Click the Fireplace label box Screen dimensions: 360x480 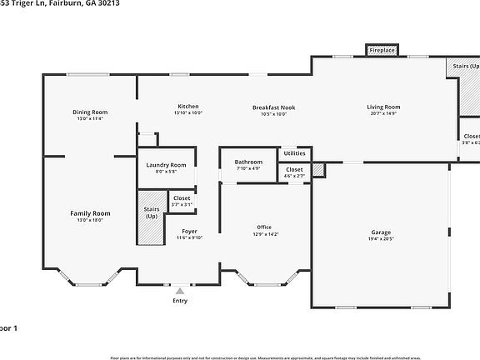pos(382,51)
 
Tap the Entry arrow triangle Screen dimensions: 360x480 pos(180,291)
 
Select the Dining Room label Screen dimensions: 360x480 pos(90,112)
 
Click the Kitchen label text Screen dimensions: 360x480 pos(188,106)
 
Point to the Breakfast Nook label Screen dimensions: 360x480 pos(274,107)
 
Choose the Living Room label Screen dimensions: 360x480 pos(384,107)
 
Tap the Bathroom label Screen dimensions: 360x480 pos(248,162)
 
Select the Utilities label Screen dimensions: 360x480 pos(294,153)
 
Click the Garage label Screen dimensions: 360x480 pos(382,232)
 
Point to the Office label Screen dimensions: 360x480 pos(264,227)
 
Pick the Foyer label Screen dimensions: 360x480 pos(188,231)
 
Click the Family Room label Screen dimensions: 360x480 pos(90,213)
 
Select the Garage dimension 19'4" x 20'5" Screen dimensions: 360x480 pos(382,239)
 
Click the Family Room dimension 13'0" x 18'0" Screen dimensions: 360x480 pos(90,221)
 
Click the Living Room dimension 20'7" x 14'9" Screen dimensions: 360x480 pos(384,113)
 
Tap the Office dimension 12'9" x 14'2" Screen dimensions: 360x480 pos(264,234)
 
